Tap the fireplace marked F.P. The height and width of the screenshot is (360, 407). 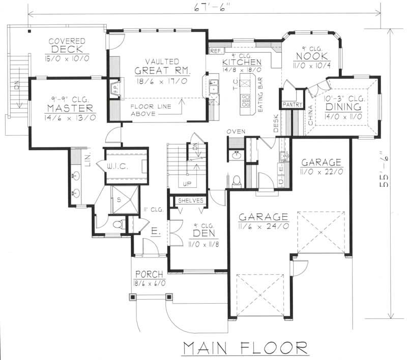coord(114,89)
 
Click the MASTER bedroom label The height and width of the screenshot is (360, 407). coord(70,108)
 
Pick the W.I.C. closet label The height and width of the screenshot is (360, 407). coord(120,166)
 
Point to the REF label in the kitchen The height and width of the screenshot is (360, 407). coord(215,51)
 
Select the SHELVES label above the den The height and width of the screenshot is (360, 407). coord(191,201)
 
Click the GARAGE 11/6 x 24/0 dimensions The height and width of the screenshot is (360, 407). coord(264,226)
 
